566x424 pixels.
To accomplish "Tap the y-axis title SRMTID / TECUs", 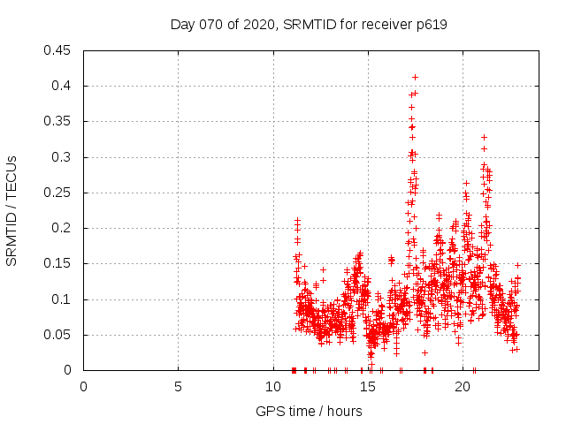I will coord(12,210).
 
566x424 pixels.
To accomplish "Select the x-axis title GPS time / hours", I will coord(309,411).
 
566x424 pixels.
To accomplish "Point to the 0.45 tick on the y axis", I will coord(58,50).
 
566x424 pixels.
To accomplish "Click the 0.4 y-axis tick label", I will coord(62,86).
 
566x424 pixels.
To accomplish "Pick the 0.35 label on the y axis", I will coord(58,122).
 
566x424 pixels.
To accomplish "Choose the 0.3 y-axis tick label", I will coord(62,157).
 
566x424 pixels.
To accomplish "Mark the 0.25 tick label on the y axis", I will coord(58,193).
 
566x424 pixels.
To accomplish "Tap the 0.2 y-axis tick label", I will coord(62,228).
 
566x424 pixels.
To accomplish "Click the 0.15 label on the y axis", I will coord(58,263).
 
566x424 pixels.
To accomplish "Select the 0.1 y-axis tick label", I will coord(62,299).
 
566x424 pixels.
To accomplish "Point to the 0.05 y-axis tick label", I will coord(58,335).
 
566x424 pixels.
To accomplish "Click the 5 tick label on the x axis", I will coord(178,387).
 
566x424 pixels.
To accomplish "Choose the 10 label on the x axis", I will coord(272,387).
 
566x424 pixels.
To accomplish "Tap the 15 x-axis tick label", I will coord(367,387).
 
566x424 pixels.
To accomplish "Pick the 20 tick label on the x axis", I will coord(462,387).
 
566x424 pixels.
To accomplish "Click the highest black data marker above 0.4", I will coord(415,77).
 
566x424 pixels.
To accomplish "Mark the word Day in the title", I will coord(182,25).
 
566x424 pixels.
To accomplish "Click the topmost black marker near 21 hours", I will coord(484,137).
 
